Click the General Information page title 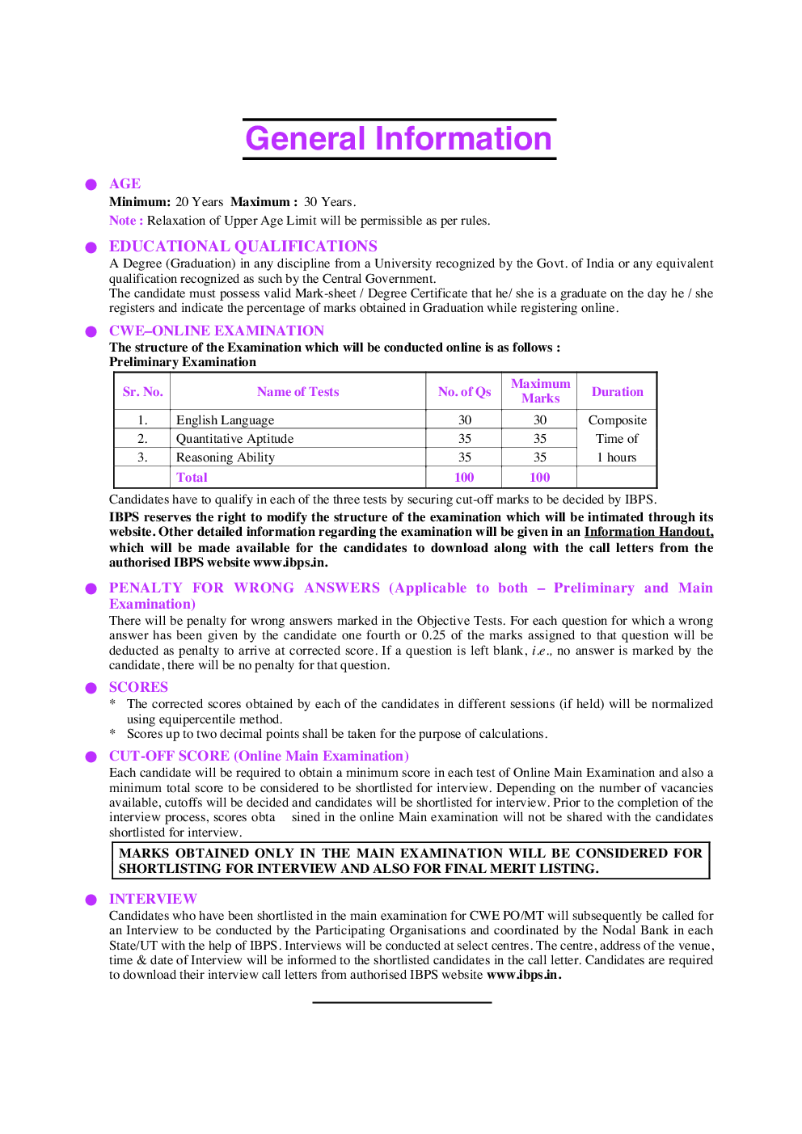click(399, 139)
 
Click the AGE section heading click(125, 184)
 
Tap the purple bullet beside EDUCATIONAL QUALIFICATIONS click(91, 247)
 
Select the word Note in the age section click(122, 221)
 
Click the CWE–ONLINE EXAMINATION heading click(217, 331)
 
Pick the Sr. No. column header click(143, 392)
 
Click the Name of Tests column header click(298, 392)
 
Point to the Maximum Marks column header click(540, 391)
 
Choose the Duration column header click(618, 392)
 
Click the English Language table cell click(226, 420)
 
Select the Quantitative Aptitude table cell click(235, 439)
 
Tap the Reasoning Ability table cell click(226, 457)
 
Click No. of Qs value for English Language click(465, 420)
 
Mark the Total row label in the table click(192, 478)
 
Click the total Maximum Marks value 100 click(540, 478)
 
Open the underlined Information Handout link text click(648, 532)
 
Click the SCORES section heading click(139, 688)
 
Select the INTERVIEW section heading click(153, 900)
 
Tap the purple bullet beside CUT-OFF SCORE click(91, 757)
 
